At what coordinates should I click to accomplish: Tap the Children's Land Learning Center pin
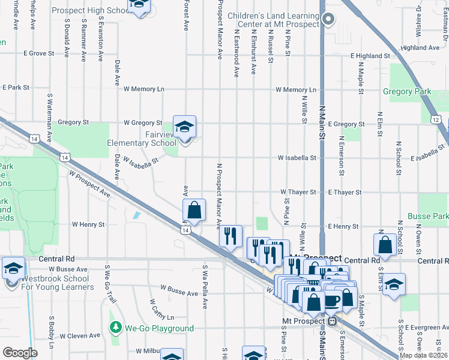tap(327, 19)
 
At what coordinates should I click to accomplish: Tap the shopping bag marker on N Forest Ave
tap(194, 211)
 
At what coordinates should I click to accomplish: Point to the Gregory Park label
tap(406, 92)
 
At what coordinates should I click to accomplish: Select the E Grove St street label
tap(39, 53)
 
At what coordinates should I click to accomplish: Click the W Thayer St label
tap(298, 192)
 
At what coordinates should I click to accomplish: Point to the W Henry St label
tap(88, 224)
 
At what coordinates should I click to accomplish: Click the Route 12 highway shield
tap(435, 120)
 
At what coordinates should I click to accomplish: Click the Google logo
tap(20, 352)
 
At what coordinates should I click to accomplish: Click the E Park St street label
tap(16, 88)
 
